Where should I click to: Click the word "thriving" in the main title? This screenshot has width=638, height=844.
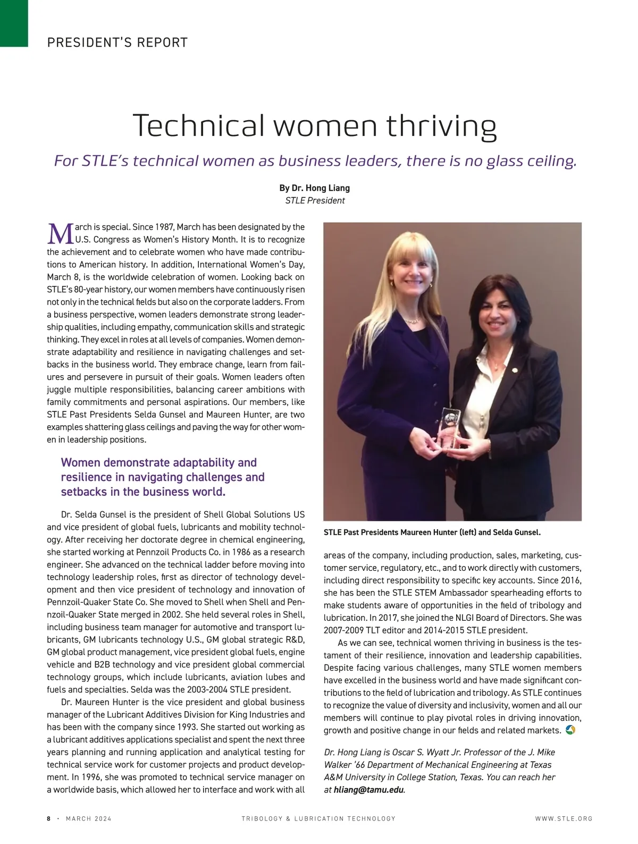tap(441, 126)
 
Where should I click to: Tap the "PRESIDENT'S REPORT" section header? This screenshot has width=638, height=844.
tap(117, 43)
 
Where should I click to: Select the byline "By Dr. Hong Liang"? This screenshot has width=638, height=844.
tap(314, 188)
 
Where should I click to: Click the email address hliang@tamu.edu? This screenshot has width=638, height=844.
tap(369, 790)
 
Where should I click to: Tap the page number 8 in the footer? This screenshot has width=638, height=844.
tap(49, 818)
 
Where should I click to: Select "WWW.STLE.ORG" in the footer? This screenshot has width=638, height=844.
tap(564, 818)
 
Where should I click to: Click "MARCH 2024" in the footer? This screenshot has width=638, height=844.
tap(88, 818)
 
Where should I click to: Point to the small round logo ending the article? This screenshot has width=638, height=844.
tap(571, 730)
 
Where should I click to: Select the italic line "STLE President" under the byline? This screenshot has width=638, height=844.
tap(315, 200)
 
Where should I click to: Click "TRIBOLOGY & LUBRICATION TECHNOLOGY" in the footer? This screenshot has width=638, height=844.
tap(318, 818)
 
